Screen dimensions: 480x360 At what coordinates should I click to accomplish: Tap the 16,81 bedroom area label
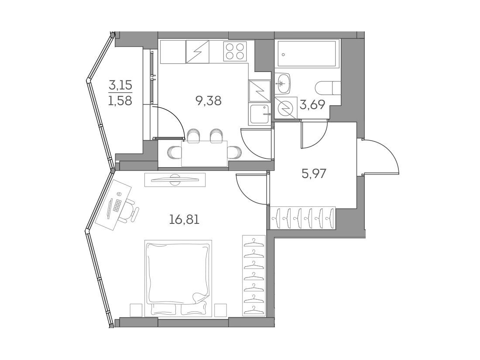(x=184, y=219)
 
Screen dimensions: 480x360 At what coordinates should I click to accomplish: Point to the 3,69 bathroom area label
(x=312, y=105)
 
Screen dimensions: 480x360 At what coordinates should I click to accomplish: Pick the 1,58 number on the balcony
(x=120, y=100)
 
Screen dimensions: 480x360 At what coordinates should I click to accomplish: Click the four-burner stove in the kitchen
(x=235, y=51)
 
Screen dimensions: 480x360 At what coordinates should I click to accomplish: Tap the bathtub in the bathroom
(x=307, y=54)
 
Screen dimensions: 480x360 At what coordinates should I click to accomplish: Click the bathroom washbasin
(x=283, y=83)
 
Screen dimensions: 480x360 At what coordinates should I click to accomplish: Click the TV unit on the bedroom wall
(x=175, y=180)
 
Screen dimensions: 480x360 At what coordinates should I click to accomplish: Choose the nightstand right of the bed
(x=220, y=310)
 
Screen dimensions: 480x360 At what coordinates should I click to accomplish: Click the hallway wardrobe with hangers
(x=302, y=218)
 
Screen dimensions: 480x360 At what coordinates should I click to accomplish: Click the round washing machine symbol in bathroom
(x=286, y=107)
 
